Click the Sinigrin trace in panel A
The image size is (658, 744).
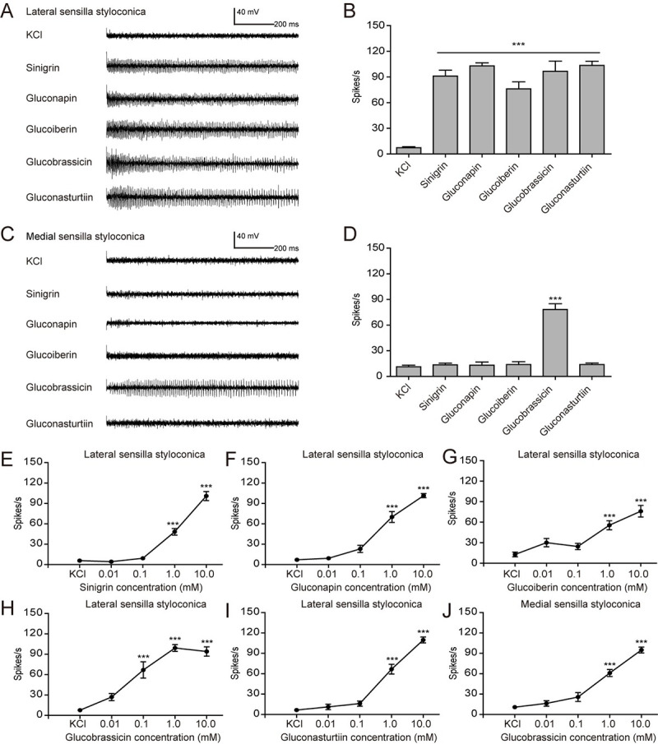pos(202,67)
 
